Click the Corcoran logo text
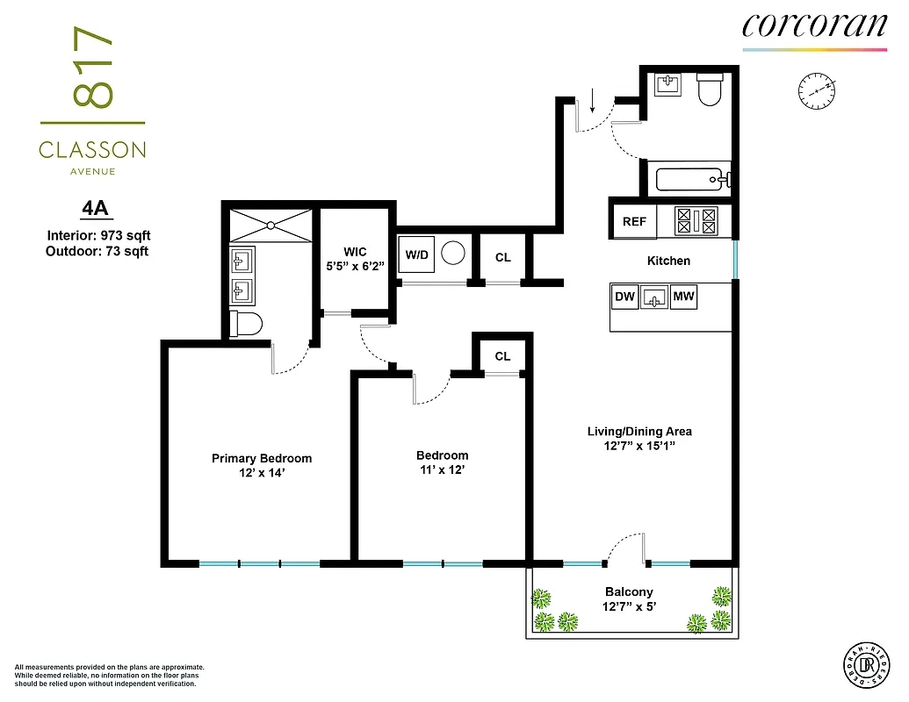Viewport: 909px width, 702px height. [814, 25]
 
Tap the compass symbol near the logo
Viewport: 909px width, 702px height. [817, 90]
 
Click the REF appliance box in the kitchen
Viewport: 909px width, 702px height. [634, 222]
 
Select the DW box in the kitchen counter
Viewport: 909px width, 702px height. [624, 297]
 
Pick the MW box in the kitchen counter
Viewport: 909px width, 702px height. [683, 297]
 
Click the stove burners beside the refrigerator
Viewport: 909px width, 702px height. [696, 220]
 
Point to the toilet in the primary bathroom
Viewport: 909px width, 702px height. [245, 324]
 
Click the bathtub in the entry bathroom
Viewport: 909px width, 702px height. [693, 180]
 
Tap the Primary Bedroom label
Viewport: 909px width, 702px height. [262, 458]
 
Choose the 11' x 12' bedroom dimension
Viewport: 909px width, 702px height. [442, 469]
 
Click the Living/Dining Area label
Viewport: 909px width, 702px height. [639, 431]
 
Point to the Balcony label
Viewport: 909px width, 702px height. [629, 592]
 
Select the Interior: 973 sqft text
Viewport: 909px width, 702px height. [99, 235]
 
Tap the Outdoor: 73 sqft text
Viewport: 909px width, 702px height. [97, 251]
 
